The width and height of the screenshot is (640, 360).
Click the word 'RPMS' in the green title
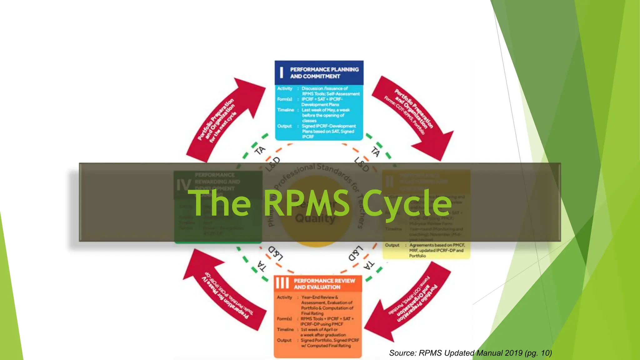coord(306,203)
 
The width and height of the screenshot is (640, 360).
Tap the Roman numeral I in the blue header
coord(282,72)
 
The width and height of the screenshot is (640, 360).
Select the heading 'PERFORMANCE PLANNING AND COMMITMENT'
coord(324,73)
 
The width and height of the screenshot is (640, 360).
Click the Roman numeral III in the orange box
coord(282,283)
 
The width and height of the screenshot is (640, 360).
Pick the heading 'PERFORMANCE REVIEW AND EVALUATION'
coord(324,284)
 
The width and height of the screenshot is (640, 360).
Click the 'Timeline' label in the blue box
coord(286,110)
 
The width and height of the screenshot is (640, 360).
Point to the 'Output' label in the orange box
coord(284,340)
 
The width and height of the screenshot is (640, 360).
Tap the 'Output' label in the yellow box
coord(392,245)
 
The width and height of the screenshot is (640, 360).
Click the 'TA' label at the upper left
coord(260,151)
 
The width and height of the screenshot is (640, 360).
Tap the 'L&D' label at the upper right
coord(362,164)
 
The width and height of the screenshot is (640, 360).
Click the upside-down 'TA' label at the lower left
coord(262,266)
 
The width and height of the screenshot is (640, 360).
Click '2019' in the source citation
coord(513,353)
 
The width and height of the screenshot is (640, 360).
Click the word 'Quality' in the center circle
coord(315,218)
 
